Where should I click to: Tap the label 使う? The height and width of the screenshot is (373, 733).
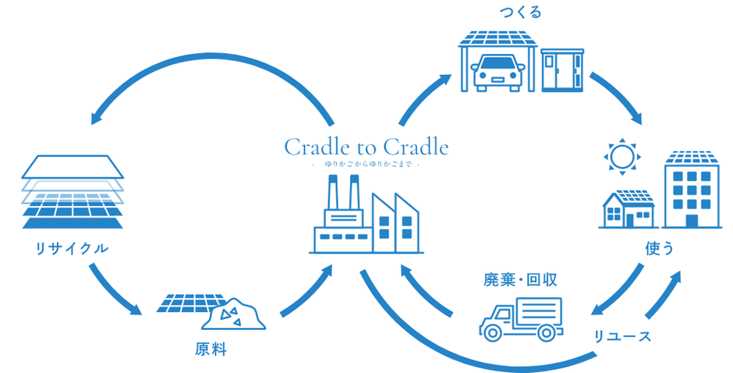(659, 248)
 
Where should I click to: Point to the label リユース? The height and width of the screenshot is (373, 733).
(621, 336)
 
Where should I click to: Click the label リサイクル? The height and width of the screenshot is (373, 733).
(71, 249)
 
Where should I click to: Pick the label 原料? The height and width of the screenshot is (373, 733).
(210, 349)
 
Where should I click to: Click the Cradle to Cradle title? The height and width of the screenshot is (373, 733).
(366, 147)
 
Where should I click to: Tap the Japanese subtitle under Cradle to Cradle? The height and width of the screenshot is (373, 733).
(366, 165)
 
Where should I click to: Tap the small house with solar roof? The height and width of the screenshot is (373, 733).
(627, 208)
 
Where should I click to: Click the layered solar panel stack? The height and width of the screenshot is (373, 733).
(73, 192)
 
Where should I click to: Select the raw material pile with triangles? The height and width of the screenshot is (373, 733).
(232, 314)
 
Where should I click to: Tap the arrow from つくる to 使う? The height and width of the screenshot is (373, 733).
(618, 98)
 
